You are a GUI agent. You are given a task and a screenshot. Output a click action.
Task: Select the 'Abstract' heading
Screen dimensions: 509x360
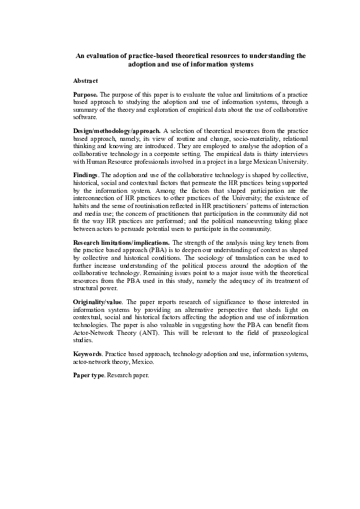[x=85, y=80]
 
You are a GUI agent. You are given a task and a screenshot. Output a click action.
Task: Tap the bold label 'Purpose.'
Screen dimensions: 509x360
[x=85, y=95]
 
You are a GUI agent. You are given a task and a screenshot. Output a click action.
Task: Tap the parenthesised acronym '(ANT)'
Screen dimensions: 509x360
[x=152, y=332]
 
